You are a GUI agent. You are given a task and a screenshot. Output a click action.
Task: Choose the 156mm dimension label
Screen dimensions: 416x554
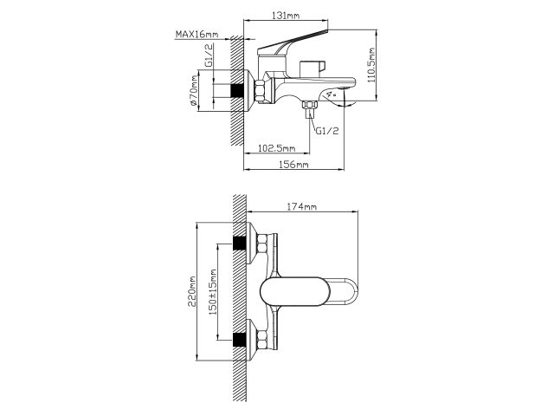(295, 165)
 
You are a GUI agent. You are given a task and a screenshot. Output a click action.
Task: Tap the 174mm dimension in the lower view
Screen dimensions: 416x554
(301, 207)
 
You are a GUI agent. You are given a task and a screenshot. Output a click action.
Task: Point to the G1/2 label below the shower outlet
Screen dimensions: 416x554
(326, 131)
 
